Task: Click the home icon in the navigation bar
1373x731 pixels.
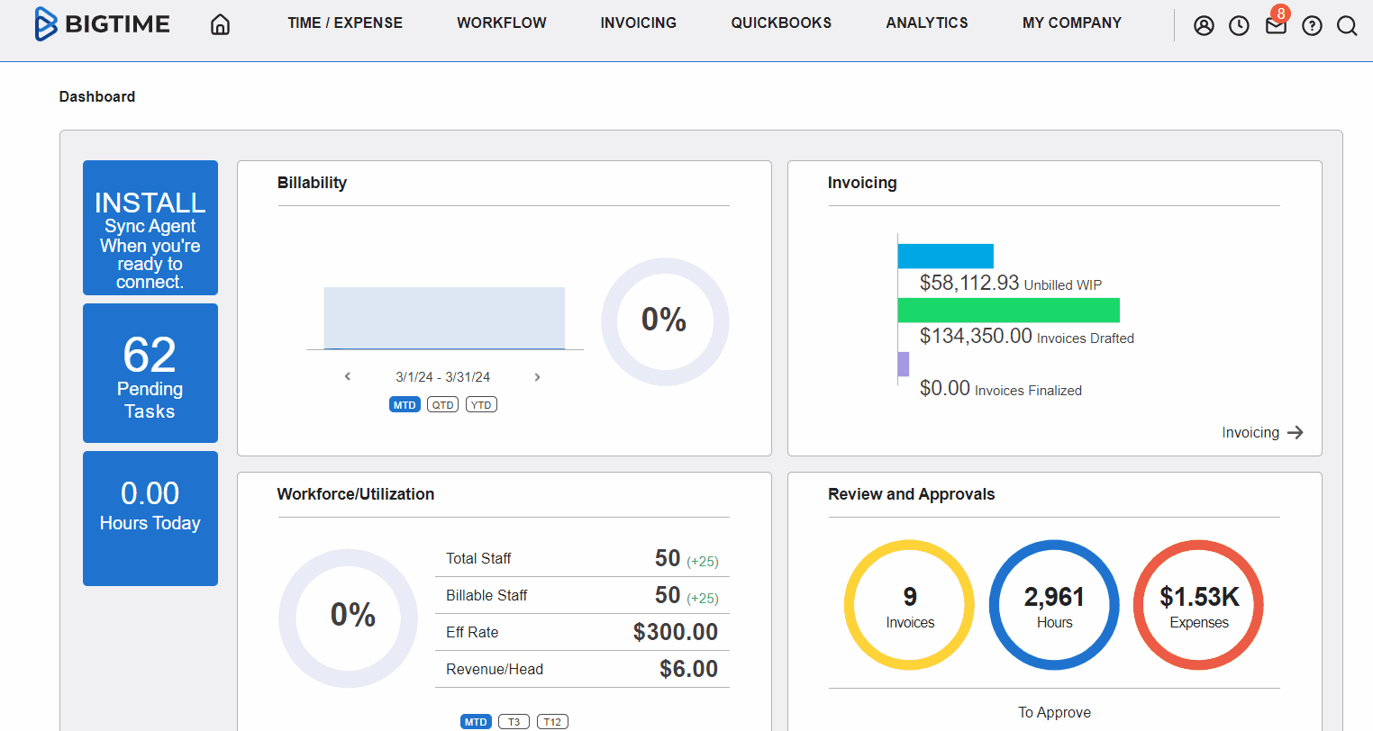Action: coord(220,24)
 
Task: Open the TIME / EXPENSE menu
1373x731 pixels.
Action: coord(345,23)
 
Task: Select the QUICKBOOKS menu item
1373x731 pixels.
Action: coord(781,23)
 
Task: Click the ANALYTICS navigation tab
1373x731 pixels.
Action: coord(926,23)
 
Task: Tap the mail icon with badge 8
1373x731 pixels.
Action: coord(1276,25)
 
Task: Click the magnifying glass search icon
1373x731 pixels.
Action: coord(1347,26)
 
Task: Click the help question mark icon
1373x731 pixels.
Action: coord(1312,26)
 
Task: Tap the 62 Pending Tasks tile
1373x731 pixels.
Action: coord(150,373)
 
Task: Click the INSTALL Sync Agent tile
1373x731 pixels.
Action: coord(150,228)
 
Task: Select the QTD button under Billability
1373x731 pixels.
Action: coord(442,405)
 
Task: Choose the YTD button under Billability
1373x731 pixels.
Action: coord(482,405)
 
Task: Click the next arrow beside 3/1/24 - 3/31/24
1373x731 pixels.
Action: coord(537,377)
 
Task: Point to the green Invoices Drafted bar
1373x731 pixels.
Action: coord(1008,311)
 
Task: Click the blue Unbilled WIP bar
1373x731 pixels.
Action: coord(945,257)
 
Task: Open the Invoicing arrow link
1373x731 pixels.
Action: coord(1262,433)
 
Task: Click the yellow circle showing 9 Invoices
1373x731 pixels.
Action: coord(909,605)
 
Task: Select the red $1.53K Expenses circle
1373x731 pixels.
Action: coord(1198,605)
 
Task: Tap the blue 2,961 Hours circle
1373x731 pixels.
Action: coord(1054,605)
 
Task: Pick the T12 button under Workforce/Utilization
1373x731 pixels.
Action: coord(552,722)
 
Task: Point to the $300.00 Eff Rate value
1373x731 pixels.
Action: coord(675,632)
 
